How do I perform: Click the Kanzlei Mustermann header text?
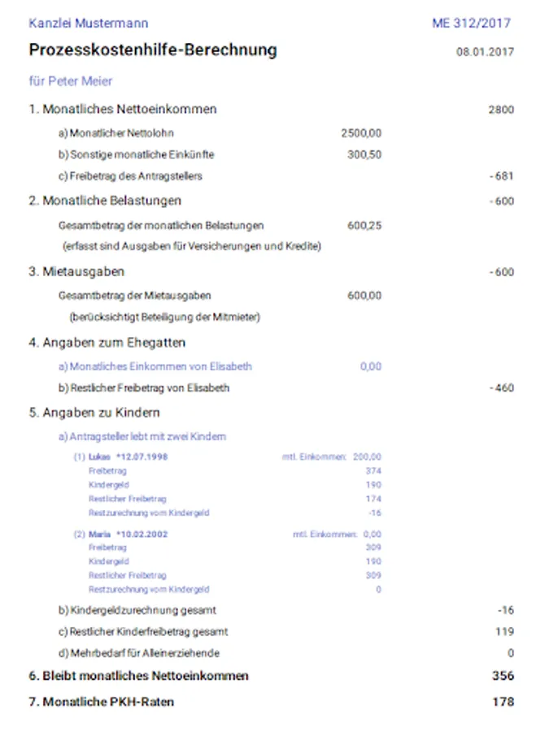[89, 24]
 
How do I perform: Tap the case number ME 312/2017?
[472, 24]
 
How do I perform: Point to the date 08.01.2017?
[485, 52]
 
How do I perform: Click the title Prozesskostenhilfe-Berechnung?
[153, 50]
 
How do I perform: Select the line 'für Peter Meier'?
[71, 81]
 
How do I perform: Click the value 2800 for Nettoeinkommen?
[501, 110]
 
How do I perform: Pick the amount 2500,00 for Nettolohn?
[361, 133]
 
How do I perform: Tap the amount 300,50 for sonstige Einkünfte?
[364, 154]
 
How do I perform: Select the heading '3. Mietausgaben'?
[76, 272]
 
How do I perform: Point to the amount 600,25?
[364, 226]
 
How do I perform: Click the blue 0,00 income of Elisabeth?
[371, 366]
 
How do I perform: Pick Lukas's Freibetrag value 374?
[373, 471]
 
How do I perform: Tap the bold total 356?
[503, 676]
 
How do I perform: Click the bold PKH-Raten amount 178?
[503, 702]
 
